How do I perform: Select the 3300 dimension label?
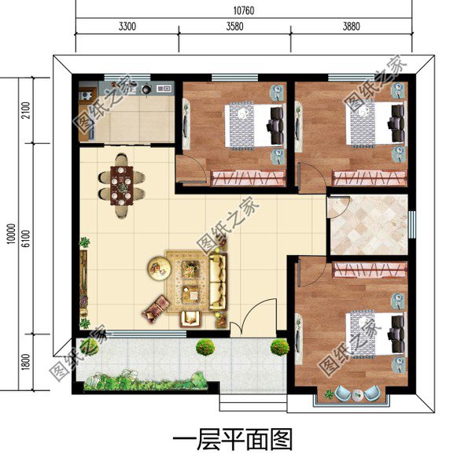click(127, 26)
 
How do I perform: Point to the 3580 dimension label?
click(234, 26)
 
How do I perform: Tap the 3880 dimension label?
click(351, 26)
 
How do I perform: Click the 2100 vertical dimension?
click(25, 111)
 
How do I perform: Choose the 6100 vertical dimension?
click(25, 234)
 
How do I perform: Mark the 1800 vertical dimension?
click(25, 361)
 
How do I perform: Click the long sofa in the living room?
click(216, 282)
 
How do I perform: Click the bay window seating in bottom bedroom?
click(352, 393)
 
